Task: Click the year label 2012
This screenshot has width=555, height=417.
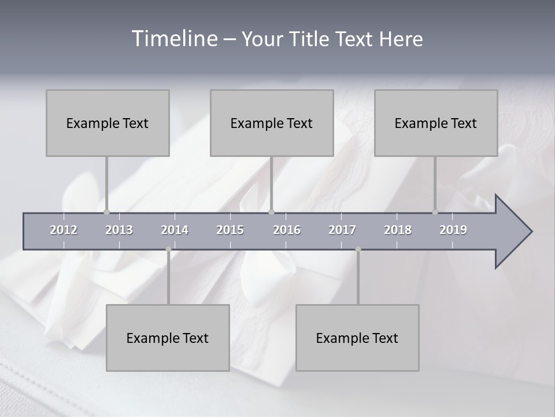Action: pyautogui.click(x=64, y=230)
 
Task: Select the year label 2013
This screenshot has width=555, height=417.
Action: pyautogui.click(x=119, y=230)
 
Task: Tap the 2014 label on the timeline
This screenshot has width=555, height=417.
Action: pyautogui.click(x=175, y=230)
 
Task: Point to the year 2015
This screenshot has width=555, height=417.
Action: pyautogui.click(x=230, y=230)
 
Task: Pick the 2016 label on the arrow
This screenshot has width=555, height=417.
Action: pyautogui.click(x=287, y=230)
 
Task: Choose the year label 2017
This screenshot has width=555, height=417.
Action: pyautogui.click(x=342, y=230)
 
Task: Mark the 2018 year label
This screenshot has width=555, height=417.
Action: pyautogui.click(x=398, y=230)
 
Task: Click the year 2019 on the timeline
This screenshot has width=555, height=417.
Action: pyautogui.click(x=453, y=230)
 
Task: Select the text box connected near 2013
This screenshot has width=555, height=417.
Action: pyautogui.click(x=108, y=123)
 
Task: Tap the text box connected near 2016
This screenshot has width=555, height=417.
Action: pyautogui.click(x=272, y=123)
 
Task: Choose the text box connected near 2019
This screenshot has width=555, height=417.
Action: pyautogui.click(x=436, y=123)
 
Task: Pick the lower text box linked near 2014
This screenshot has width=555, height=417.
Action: pyautogui.click(x=168, y=338)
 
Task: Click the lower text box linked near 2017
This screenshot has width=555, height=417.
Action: pyautogui.click(x=357, y=338)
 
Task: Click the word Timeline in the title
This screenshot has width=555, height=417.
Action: pyautogui.click(x=173, y=39)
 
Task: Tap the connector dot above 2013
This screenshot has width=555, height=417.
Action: pyautogui.click(x=106, y=212)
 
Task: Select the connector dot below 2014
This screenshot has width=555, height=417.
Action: pyautogui.click(x=168, y=249)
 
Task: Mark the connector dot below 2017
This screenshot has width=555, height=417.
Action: pyautogui.click(x=358, y=249)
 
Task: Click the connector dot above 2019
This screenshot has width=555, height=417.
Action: pyautogui.click(x=435, y=212)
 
